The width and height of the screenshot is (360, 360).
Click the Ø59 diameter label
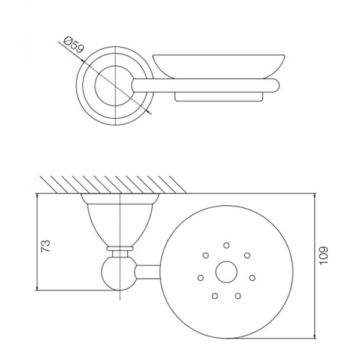(x=73, y=45)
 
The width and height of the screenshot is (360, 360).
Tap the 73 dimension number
(x=45, y=246)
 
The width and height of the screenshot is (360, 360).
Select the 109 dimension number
(x=323, y=256)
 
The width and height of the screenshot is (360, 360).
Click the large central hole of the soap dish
(x=226, y=272)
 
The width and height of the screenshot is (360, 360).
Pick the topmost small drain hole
(x=226, y=245)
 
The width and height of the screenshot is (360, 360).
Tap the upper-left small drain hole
(x=206, y=256)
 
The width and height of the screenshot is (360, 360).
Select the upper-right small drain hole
(x=247, y=256)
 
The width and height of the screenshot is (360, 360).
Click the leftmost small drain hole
(x=200, y=278)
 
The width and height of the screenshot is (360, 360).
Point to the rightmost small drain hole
(x=253, y=278)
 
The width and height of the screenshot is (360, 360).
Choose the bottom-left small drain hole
(x=215, y=296)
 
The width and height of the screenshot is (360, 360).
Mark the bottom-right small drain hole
(x=238, y=296)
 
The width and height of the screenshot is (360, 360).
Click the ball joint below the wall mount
(x=119, y=274)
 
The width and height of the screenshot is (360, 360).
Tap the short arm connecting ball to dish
(x=148, y=272)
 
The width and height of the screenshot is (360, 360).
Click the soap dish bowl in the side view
(x=219, y=67)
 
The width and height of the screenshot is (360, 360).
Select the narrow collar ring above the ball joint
(x=119, y=248)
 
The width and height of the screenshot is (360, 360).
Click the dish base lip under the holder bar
(x=219, y=97)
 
